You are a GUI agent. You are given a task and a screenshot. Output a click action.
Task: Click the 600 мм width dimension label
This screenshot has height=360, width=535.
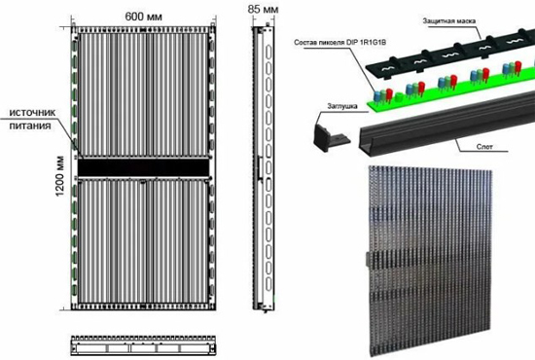143,17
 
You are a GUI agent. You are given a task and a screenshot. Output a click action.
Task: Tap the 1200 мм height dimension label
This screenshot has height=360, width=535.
60,176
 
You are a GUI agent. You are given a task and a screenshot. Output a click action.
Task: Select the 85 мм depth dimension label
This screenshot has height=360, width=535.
263,9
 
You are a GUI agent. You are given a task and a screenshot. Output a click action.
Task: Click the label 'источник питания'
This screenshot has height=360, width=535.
32,119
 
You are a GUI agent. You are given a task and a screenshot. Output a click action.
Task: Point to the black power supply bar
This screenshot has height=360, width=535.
143,167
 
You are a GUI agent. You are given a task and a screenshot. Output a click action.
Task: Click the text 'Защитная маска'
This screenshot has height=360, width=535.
449,21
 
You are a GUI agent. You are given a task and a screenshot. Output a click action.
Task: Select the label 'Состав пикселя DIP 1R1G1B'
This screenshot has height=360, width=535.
339,43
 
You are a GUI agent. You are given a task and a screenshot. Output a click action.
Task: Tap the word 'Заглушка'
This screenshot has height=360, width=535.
342,106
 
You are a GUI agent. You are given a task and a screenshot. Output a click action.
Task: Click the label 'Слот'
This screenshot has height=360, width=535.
484,147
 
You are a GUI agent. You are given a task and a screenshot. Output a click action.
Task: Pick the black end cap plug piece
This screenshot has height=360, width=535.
329,137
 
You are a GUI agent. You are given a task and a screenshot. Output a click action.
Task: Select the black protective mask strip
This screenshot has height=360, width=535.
450,52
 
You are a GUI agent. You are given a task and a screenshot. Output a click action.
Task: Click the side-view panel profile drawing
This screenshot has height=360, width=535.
263,168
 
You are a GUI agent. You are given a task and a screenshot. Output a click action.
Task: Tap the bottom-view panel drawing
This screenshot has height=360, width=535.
143,345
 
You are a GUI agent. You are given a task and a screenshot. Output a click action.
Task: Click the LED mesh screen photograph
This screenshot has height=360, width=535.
431,261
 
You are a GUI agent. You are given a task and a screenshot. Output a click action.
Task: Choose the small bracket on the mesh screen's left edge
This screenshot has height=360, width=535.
369,260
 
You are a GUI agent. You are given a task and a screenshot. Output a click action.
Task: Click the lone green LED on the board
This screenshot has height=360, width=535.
399,97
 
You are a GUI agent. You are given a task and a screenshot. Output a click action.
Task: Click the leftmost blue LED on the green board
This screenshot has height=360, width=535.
377,95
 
